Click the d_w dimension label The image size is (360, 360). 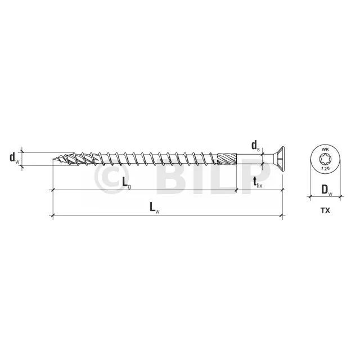[x=14, y=158]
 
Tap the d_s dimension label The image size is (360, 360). [x=255, y=146]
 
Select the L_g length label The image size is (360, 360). [x=127, y=183]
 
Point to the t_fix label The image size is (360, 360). [x=258, y=183]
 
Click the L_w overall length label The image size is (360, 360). [x=155, y=208]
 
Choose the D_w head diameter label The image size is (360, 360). [x=327, y=191]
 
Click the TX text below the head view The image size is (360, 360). [x=325, y=210]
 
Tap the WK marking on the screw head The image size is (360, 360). [x=325, y=150]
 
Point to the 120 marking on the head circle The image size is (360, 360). [x=325, y=168]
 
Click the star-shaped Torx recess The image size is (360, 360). [x=325, y=159]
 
